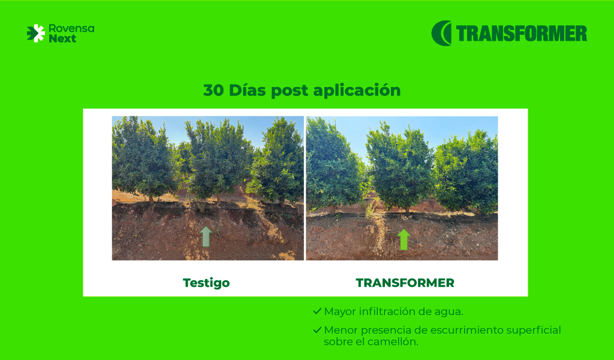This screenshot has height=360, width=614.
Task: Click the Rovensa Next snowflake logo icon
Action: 35,33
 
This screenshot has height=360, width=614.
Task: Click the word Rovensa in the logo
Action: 71,29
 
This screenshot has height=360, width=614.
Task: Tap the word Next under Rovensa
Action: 62,38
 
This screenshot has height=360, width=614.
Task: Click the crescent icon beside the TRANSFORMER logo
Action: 441,33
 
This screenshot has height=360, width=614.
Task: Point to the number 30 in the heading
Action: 213,90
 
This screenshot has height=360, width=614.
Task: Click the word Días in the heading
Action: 247,90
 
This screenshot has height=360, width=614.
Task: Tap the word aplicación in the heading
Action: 357,91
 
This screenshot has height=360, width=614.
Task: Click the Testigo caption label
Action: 206,283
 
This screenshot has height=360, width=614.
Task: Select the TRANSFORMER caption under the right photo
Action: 405,283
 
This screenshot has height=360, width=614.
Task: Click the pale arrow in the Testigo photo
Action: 206,236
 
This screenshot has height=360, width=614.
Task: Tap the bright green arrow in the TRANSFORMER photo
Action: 404,239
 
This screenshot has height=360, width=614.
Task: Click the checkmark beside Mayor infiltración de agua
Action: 317,311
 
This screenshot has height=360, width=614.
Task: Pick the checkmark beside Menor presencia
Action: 317,330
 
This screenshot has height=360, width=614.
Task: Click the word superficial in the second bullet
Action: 533,330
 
